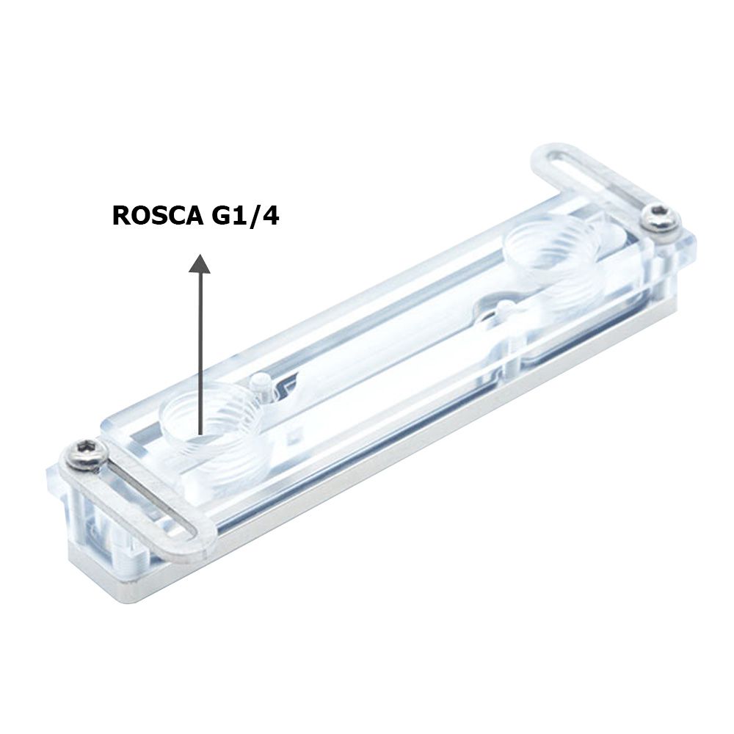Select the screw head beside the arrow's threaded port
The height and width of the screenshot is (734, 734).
pos(84,453)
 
